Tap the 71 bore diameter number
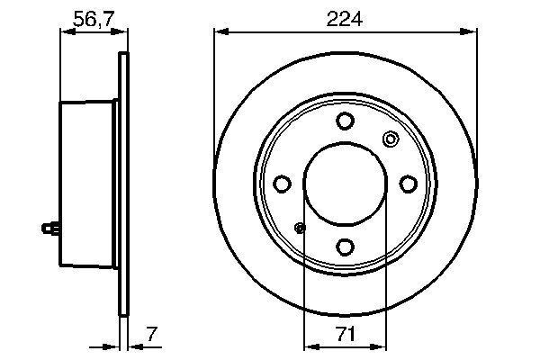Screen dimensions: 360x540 coord(345,334)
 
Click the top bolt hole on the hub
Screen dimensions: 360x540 coord(345,121)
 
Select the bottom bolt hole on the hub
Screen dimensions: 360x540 coord(345,246)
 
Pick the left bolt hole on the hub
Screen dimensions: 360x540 coord(283,184)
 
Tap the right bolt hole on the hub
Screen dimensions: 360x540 coord(407,184)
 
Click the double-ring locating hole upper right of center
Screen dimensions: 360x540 coord(391,139)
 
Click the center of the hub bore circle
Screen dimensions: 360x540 coord(345,184)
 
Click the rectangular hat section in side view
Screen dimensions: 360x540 coord(88,184)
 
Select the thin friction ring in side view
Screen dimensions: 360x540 coord(123,184)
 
